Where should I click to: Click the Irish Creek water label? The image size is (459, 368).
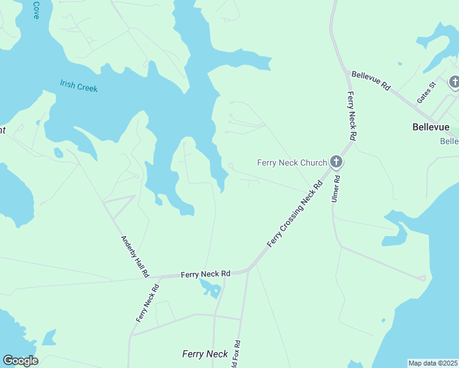(x=79, y=86)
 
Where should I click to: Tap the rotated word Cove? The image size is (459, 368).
(x=36, y=10)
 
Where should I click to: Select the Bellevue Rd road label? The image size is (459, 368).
(x=371, y=81)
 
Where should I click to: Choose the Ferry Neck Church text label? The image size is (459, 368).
(x=291, y=163)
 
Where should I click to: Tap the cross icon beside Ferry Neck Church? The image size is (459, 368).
(x=336, y=162)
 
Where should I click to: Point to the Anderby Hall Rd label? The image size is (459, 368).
(x=134, y=257)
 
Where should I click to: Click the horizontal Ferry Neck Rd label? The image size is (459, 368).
(x=205, y=274)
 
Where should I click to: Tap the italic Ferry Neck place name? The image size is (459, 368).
(x=205, y=354)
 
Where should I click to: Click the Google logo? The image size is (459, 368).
(x=20, y=361)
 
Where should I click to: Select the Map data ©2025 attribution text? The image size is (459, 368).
(x=433, y=363)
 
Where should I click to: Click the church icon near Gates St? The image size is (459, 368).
(x=454, y=82)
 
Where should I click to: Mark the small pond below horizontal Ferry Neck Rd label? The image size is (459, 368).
(x=210, y=288)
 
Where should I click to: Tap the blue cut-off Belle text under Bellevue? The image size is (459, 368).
(x=449, y=141)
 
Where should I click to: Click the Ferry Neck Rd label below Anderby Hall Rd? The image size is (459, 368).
(x=143, y=306)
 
